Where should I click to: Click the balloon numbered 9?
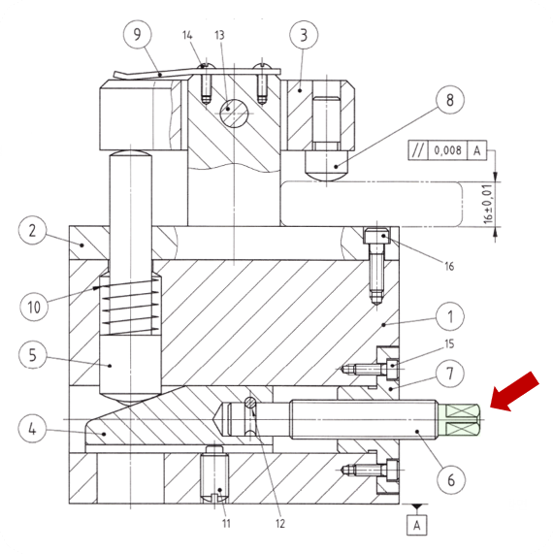(x=137, y=34)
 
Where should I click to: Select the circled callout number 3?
(x=304, y=35)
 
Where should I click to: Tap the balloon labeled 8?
(x=450, y=100)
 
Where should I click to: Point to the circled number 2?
(x=32, y=230)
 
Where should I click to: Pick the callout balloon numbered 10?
(x=34, y=307)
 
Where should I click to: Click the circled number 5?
(x=33, y=354)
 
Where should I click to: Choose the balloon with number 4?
(x=32, y=429)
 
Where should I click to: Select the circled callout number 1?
(x=450, y=316)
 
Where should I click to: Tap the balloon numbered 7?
(x=450, y=374)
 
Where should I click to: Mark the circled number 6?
(x=451, y=480)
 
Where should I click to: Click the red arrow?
(x=515, y=391)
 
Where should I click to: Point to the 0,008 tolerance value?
(x=447, y=150)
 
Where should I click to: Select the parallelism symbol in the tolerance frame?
(x=417, y=150)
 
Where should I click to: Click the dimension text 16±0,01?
(x=487, y=204)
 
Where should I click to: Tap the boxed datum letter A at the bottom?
(x=417, y=525)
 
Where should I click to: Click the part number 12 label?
(x=279, y=523)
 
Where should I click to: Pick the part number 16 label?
(x=449, y=266)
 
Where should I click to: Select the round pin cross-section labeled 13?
(x=233, y=113)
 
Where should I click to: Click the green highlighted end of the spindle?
(x=459, y=420)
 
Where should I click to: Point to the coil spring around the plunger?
(x=131, y=307)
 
